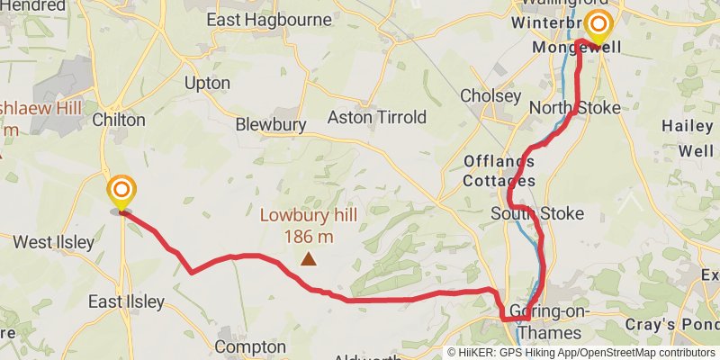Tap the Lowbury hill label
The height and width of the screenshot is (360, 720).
[x=309, y=216]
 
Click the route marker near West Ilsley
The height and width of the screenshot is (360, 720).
[x=121, y=192]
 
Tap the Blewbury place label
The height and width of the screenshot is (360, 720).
[x=266, y=125]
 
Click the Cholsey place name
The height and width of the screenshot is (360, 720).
[x=490, y=95]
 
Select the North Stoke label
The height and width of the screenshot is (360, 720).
[x=574, y=108]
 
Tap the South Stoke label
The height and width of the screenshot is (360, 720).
[x=537, y=213]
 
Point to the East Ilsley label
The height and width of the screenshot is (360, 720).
[x=127, y=301]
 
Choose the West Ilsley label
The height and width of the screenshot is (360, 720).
[x=53, y=242]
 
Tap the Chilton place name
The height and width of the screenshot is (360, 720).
[x=118, y=120]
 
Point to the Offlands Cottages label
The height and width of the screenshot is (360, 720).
[x=499, y=171]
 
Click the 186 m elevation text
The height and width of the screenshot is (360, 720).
[x=310, y=236]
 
